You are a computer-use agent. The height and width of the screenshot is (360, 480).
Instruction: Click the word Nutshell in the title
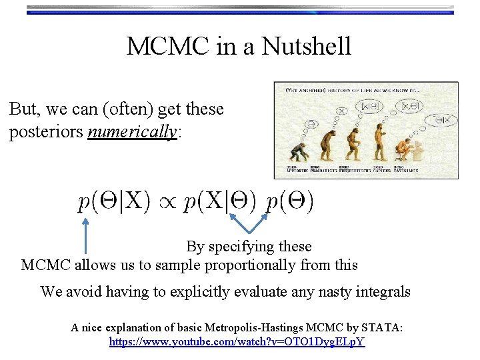[x=307, y=47]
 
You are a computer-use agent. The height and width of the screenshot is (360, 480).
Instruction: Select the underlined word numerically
[x=132, y=132]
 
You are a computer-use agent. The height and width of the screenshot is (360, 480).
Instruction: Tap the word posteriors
[x=45, y=132]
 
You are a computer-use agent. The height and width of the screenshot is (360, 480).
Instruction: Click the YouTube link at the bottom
[x=237, y=342]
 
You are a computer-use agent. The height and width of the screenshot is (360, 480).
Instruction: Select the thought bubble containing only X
[x=342, y=111]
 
